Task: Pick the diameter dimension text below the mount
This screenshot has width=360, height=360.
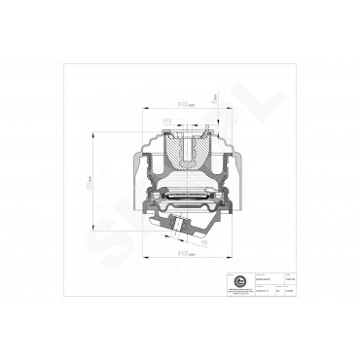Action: pyautogui.click(x=183, y=255)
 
